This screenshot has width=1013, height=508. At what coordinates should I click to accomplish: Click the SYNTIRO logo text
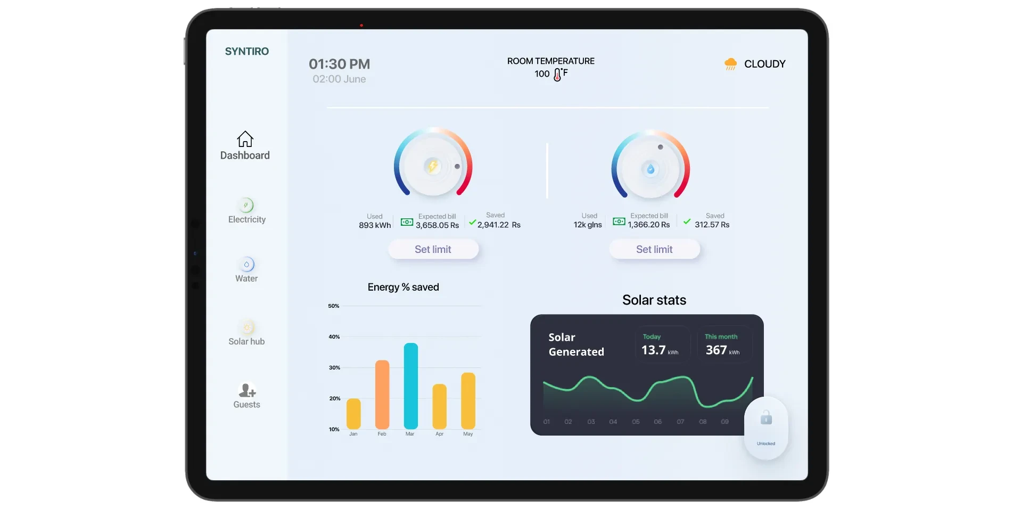[246, 52]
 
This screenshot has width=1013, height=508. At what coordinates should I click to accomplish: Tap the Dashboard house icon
[245, 139]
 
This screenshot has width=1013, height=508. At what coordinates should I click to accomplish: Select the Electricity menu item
[246, 211]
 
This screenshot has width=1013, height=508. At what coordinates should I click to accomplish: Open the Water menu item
[246, 271]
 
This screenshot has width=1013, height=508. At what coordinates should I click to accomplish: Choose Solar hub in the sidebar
[246, 333]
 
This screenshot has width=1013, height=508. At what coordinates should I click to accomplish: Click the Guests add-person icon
[247, 391]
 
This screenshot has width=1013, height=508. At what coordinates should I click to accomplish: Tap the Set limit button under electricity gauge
[433, 249]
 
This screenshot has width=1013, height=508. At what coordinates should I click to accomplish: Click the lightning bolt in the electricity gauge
[433, 166]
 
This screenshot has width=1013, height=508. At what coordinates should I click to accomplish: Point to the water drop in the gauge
[650, 169]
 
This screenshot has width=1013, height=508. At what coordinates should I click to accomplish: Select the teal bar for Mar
[410, 386]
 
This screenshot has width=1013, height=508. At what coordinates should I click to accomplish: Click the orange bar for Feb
[382, 395]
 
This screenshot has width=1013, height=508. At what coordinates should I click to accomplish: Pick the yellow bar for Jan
[353, 414]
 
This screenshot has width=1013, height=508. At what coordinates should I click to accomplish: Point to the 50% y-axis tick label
[334, 306]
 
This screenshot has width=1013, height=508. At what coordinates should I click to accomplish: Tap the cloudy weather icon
[730, 64]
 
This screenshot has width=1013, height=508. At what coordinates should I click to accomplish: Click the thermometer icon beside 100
[557, 75]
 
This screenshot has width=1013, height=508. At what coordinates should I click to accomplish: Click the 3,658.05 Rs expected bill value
[437, 225]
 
